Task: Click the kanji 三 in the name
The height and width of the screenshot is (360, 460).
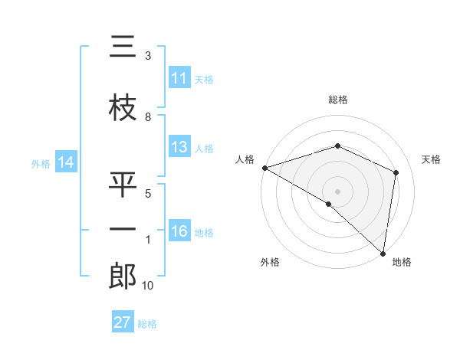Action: coord(123,48)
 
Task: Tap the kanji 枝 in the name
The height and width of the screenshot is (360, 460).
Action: coord(123,108)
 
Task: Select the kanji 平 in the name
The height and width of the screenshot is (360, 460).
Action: coord(123,185)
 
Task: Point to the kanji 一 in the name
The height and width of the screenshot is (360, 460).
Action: coord(123,230)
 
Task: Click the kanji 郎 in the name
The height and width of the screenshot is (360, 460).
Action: coord(123,277)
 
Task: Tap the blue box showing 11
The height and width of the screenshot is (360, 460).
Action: coord(179,79)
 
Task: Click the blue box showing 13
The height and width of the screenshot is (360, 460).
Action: coord(179,148)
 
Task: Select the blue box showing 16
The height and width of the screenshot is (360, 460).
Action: coord(179,232)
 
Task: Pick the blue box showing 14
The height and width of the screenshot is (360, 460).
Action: coord(66,162)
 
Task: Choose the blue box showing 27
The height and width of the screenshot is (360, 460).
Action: coord(123,322)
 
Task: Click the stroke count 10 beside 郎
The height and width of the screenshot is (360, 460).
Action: coord(148,286)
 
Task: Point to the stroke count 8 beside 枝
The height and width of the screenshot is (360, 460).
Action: coord(148,117)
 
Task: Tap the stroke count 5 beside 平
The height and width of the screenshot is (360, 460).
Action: coord(148,194)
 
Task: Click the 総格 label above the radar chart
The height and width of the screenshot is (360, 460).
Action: coord(337,100)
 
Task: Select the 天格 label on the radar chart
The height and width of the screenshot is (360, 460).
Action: coord(431,159)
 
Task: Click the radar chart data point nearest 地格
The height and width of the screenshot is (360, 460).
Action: coord(383,253)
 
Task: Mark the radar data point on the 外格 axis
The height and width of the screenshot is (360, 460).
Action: coord(328,204)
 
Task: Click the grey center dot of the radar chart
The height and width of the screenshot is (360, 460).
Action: coord(337,191)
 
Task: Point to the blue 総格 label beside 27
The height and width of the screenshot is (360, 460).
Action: coord(147,324)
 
